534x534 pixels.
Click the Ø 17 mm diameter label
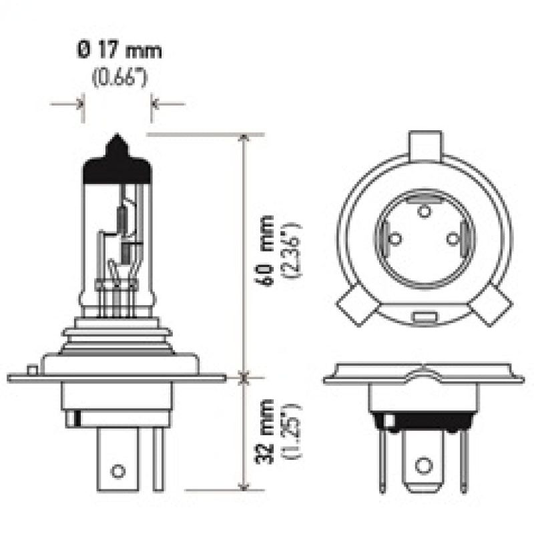(x=117, y=51)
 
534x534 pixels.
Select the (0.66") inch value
(x=118, y=78)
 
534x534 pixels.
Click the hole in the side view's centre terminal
(x=117, y=471)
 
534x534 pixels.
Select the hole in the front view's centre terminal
(x=423, y=465)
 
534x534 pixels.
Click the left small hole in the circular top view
(x=394, y=238)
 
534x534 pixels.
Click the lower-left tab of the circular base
(x=354, y=308)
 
